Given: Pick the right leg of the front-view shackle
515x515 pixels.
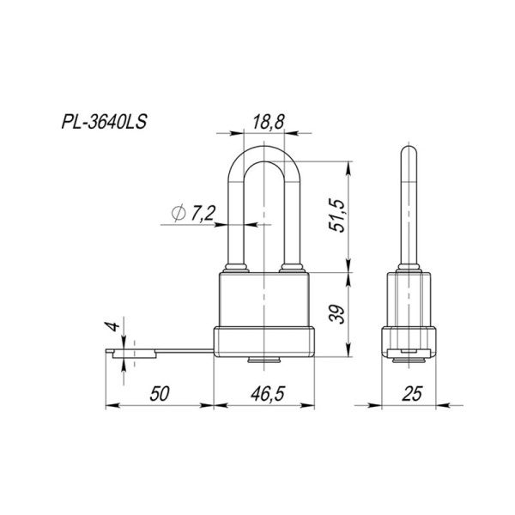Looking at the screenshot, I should [288, 223].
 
